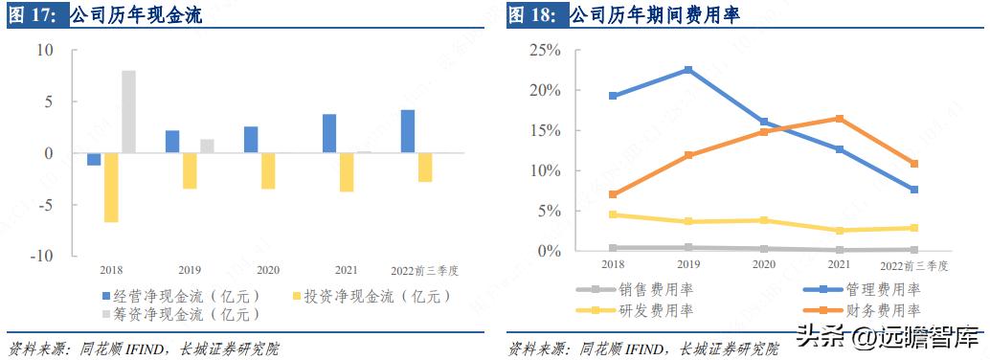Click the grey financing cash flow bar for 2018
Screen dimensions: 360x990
tap(128, 111)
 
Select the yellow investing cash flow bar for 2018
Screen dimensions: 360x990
tap(111, 188)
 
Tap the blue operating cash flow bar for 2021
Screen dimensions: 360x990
tap(329, 134)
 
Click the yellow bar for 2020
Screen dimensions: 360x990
tap(268, 171)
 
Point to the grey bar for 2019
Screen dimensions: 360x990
tap(207, 146)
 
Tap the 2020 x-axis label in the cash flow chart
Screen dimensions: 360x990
tap(268, 270)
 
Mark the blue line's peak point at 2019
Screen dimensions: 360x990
tap(688, 70)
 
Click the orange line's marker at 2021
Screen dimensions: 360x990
tap(839, 119)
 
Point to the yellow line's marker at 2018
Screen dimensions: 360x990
tap(613, 215)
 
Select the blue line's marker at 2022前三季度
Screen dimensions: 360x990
tap(914, 190)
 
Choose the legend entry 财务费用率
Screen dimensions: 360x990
tap(882, 310)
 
